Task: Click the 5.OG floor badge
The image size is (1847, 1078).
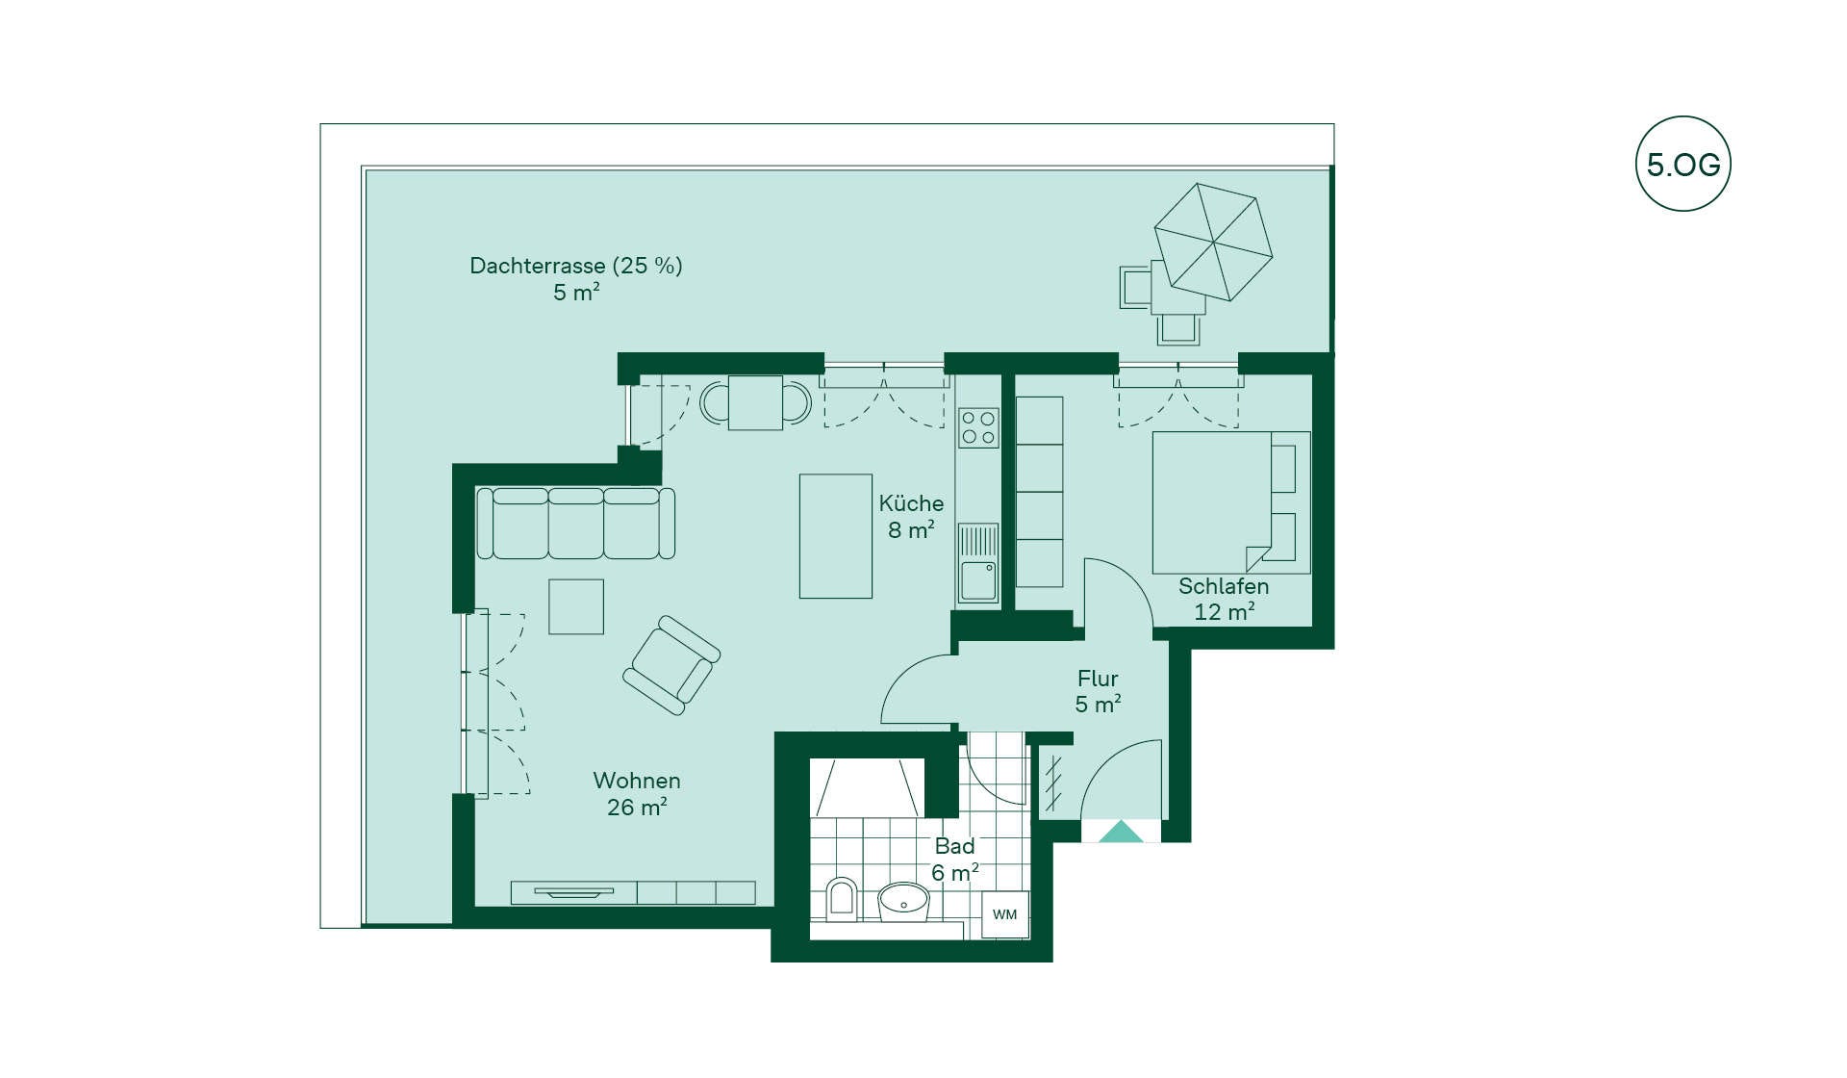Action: [1683, 164]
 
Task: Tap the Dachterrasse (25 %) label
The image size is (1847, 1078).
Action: [576, 266]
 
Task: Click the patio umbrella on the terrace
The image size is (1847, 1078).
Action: [1213, 242]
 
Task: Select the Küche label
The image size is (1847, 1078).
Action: [911, 503]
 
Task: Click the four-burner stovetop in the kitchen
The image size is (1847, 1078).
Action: [978, 428]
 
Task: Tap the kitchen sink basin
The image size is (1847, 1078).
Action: [978, 580]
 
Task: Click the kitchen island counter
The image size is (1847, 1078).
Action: [836, 536]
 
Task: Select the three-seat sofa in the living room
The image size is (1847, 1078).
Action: [576, 523]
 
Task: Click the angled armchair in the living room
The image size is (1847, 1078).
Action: [671, 665]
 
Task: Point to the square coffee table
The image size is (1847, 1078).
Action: [576, 606]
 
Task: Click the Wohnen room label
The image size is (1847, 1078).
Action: [637, 781]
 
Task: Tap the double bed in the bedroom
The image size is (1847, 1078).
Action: [1231, 502]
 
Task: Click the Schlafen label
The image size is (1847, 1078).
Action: [1224, 586]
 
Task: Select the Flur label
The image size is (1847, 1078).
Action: [1098, 679]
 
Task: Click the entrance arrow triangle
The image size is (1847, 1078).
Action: [1121, 832]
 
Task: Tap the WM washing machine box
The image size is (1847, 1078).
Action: [1005, 914]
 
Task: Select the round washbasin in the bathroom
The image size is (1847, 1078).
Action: [903, 901]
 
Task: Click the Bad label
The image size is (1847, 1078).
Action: [955, 846]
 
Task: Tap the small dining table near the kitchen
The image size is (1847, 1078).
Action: [755, 402]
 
